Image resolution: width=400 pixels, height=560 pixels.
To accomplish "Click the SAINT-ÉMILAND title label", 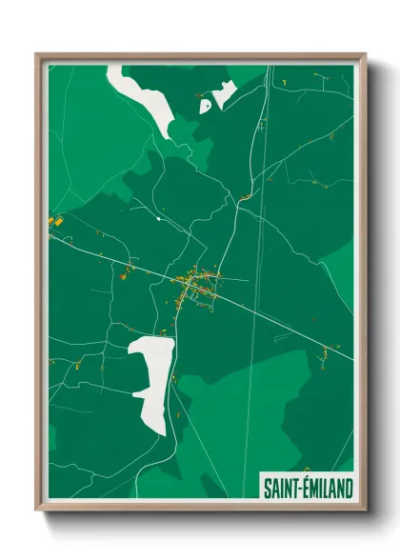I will coord(308,489).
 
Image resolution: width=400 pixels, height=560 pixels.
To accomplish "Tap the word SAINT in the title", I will coord(281,489).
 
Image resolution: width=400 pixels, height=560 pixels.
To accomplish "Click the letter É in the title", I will coord(307,489).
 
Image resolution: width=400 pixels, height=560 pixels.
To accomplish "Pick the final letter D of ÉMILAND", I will coord(349,489).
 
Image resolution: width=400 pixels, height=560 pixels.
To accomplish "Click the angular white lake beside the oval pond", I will coord(225,92).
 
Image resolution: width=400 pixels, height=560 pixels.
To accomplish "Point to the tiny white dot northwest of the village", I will coord(158,219).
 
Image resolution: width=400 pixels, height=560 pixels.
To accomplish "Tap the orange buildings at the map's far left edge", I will coord(55,221).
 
